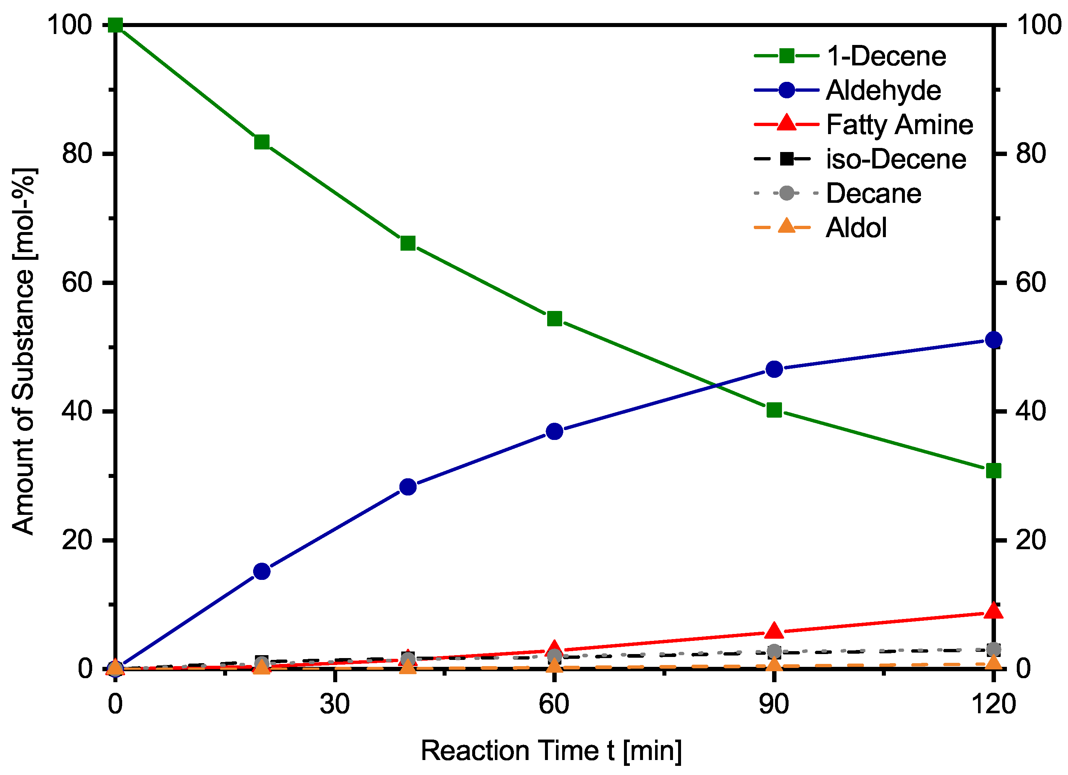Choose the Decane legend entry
[x=873, y=193]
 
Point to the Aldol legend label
[x=856, y=228]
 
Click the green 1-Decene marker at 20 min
[x=262, y=142]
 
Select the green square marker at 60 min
[x=555, y=319]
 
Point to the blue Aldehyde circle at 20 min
[x=262, y=571]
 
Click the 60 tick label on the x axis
[x=554, y=704]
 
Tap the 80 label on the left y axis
[x=77, y=153]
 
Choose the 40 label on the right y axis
[x=1031, y=411]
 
